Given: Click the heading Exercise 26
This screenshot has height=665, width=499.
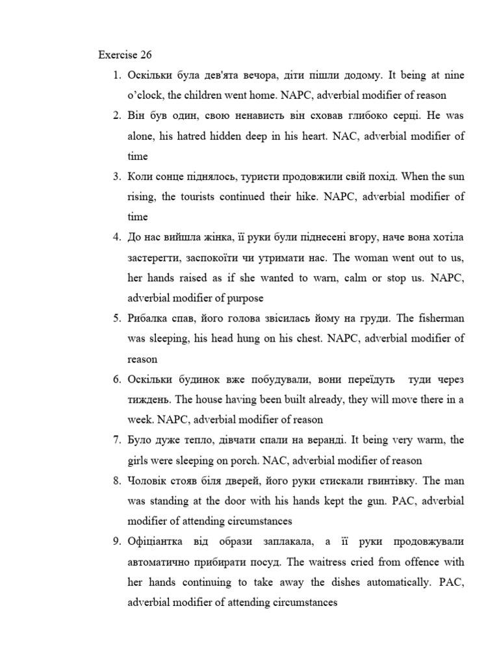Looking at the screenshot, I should pyautogui.click(x=125, y=55).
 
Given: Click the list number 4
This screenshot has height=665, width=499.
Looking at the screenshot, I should pyautogui.click(x=117, y=237).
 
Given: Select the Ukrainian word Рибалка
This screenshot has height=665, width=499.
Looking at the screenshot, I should pyautogui.click(x=151, y=318).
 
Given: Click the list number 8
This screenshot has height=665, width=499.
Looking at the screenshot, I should pyautogui.click(x=117, y=481).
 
